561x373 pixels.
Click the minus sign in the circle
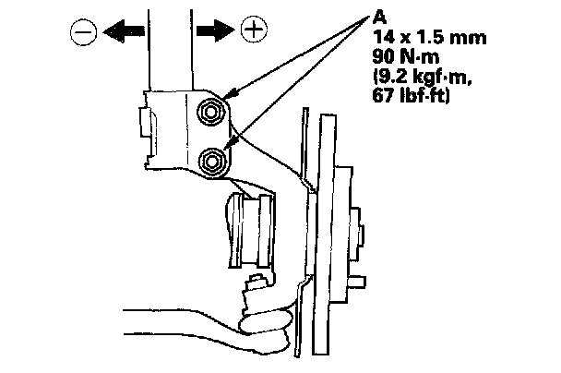pos(81,33)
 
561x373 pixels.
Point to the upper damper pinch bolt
pos(211,114)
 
